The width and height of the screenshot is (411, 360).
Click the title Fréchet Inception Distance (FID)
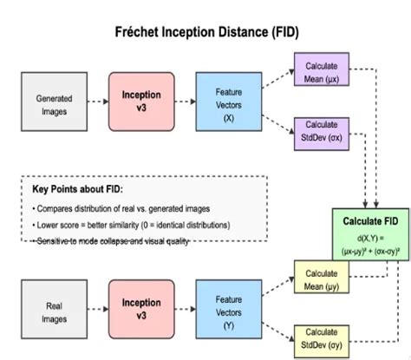coord(205,32)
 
